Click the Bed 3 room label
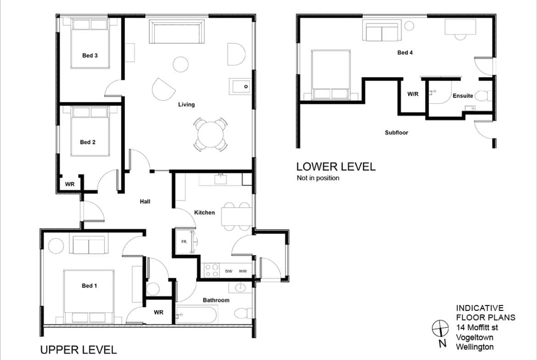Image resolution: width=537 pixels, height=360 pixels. tap(89, 55)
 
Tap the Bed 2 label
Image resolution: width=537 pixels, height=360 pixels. tap(88, 142)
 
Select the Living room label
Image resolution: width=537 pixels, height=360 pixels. tap(186, 105)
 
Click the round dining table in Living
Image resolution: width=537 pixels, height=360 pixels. tap(210, 134)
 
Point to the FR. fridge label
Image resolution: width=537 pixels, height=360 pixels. tap(184, 242)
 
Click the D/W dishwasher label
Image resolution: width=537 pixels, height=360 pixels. tap(229, 271)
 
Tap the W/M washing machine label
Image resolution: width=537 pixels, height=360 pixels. tap(243, 271)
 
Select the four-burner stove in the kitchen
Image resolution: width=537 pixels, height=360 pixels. tap(212, 270)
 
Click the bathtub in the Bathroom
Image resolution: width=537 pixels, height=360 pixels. tap(196, 315)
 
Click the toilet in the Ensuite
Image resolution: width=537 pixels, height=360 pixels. tap(484, 96)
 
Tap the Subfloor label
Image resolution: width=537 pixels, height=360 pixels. tap(396, 133)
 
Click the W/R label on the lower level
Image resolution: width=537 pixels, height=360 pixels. tap(413, 94)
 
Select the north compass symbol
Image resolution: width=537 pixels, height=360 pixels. tap(440, 329)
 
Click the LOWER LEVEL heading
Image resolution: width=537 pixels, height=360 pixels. tap(336, 166)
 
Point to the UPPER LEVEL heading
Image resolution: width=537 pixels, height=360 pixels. tap(78, 350)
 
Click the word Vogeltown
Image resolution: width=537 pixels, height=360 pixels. tap(475, 338)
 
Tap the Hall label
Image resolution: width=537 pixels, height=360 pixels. tap(145, 202)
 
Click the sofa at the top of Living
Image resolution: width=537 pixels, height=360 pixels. tap(177, 32)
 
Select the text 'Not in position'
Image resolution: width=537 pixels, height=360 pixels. tap(318, 178)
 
